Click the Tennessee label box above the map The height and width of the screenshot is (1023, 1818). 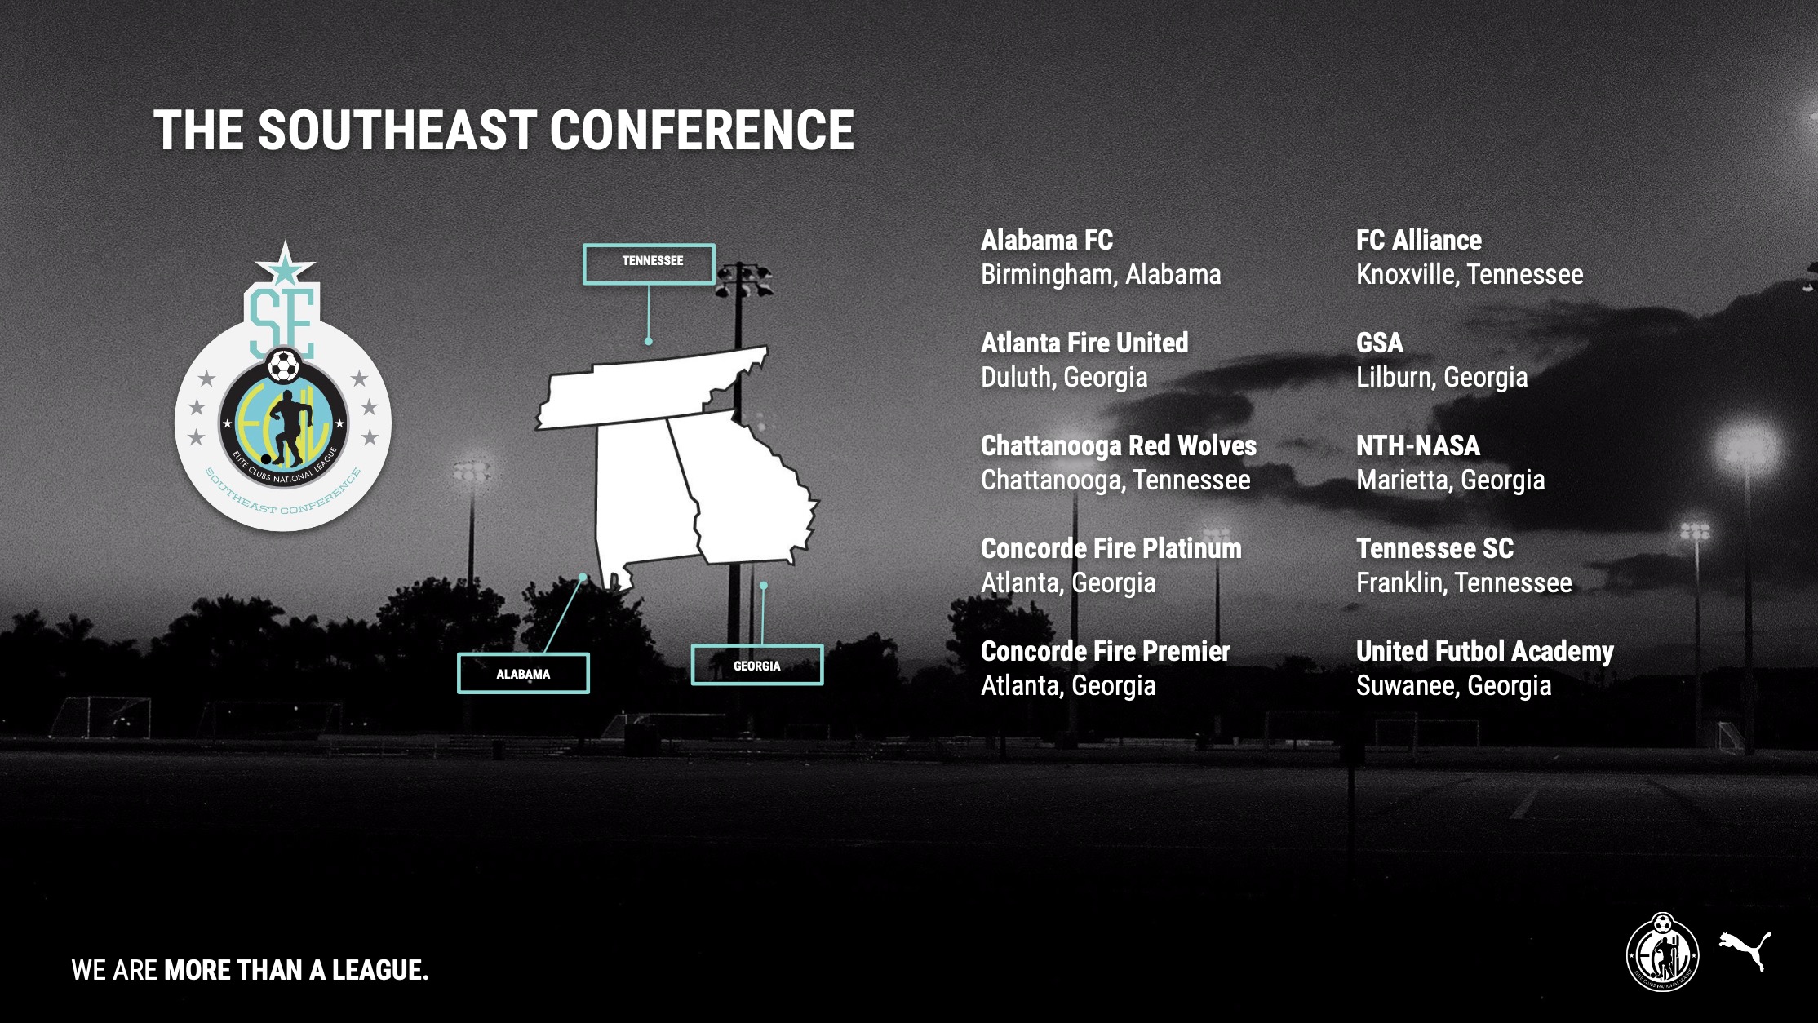(649, 264)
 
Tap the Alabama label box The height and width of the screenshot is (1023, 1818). (523, 674)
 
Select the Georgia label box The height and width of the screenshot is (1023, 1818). (757, 665)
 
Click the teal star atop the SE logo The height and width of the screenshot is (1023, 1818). (285, 263)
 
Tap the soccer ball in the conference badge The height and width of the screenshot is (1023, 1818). (283, 366)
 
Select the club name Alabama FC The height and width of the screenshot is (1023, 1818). (1047, 240)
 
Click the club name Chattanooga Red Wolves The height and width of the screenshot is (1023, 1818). (1119, 445)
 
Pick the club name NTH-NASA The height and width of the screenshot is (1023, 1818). (1418, 445)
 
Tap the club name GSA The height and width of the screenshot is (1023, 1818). (1380, 343)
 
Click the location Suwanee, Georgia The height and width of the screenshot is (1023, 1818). (1454, 686)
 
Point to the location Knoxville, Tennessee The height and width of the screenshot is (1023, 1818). (1470, 274)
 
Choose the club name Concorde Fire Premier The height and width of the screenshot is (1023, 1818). (1106, 651)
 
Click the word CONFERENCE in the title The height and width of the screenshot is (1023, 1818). (703, 131)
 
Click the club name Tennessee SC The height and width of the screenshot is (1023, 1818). (1435, 548)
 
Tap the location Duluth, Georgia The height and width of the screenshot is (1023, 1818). (1064, 378)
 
